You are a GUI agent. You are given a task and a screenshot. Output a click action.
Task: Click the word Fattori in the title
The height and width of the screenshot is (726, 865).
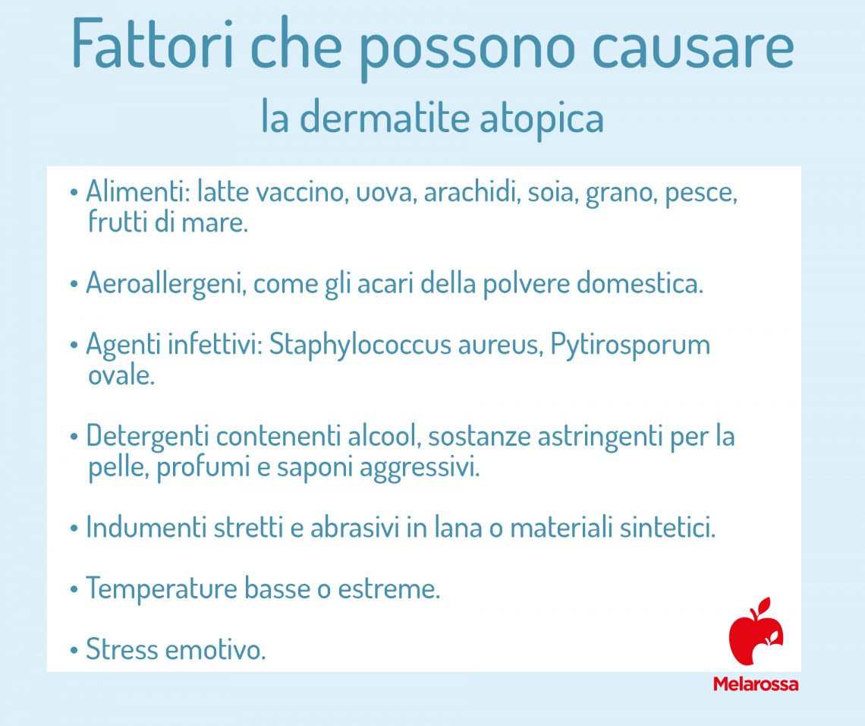coord(153,44)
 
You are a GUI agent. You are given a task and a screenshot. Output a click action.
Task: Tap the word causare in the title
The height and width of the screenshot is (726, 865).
coord(693,49)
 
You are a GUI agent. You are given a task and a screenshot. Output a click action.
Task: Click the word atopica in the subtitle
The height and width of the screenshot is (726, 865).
coord(542,119)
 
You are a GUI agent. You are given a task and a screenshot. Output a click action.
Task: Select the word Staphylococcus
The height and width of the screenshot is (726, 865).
coord(360,346)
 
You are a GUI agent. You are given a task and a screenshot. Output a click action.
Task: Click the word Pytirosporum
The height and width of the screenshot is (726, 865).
coord(630,346)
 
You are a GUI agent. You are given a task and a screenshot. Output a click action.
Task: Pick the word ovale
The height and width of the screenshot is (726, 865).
coord(121,375)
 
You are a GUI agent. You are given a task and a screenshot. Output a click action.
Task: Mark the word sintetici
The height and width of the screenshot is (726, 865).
coord(668,527)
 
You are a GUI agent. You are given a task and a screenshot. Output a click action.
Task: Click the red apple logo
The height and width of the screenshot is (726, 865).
coord(755,631)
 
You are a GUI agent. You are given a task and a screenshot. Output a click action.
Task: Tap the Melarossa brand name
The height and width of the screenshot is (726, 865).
coord(755,684)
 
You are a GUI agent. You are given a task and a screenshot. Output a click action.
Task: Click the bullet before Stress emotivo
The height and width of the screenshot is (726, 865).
coord(74,650)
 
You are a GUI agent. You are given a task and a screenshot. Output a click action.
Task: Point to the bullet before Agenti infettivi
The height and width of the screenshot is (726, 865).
coord(74,346)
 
